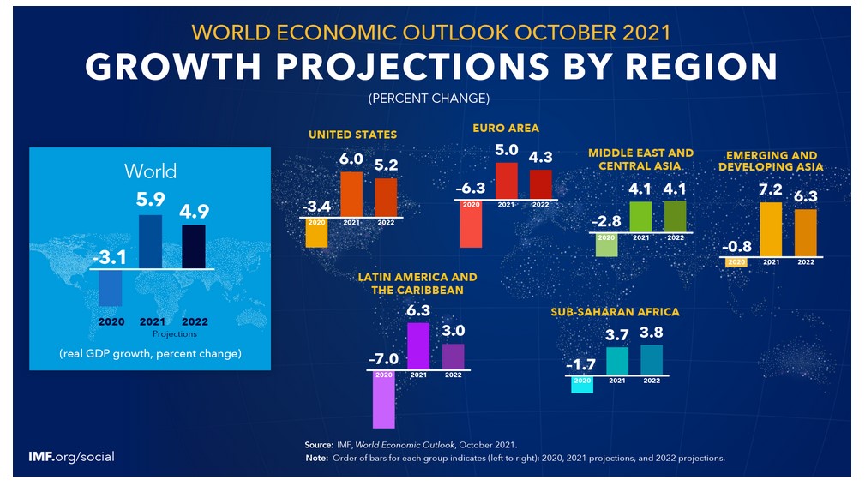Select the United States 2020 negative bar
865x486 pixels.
pos(316,233)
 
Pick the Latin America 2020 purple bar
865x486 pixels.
pos(383,402)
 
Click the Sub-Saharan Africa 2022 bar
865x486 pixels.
pos(652,359)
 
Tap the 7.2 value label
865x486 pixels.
pos(771,189)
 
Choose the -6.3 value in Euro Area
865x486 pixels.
pos(471,188)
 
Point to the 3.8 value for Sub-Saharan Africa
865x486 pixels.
pos(652,332)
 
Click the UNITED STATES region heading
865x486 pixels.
pos(352,135)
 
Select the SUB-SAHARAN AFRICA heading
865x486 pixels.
pos(615,312)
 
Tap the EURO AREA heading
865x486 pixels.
pos(506,128)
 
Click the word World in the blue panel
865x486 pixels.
pos(150,171)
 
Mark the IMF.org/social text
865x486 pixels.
pos(71,457)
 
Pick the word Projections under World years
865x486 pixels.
pos(174,333)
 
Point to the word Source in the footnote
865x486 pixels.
pos(318,445)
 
